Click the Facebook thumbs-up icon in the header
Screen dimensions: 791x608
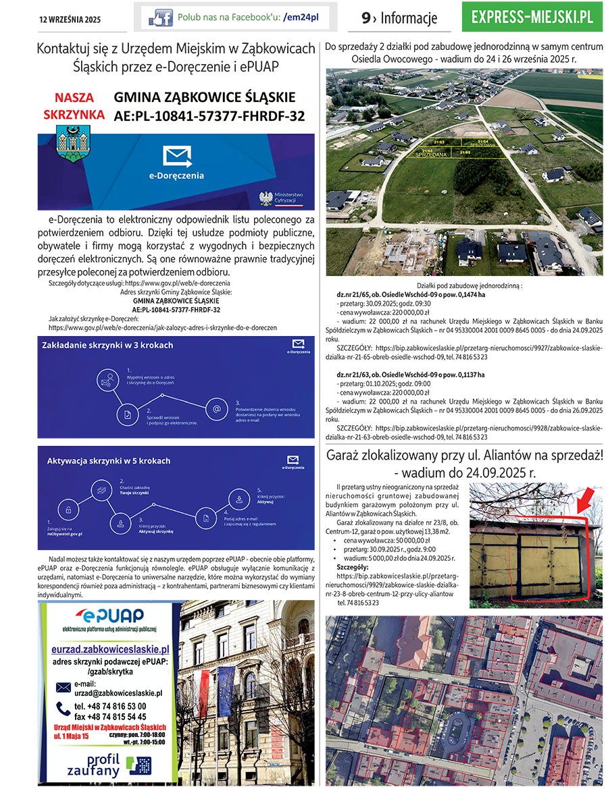[160, 18]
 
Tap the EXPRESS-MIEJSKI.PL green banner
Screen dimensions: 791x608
[532, 17]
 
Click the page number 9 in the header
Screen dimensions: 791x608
[365, 18]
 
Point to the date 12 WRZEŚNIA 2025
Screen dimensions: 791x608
[69, 20]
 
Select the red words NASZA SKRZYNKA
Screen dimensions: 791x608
[74, 106]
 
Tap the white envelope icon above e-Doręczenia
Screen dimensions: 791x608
[177, 157]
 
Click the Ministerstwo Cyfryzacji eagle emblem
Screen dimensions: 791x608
[266, 198]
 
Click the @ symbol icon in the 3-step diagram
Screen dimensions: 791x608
[217, 409]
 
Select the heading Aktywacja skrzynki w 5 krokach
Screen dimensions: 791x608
[109, 461]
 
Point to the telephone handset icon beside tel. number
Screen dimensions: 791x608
[63, 707]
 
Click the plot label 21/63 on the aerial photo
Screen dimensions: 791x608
[439, 142]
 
